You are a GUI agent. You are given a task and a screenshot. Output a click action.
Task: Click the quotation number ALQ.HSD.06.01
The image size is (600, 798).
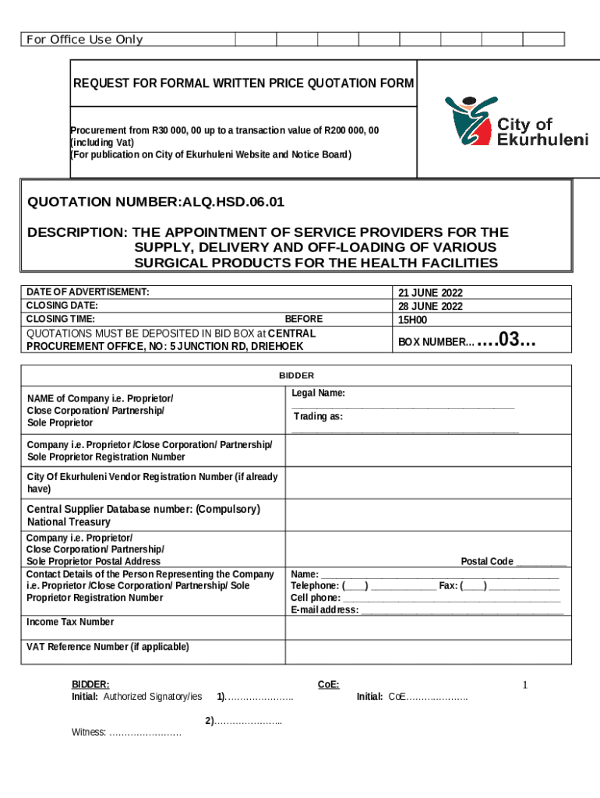156,203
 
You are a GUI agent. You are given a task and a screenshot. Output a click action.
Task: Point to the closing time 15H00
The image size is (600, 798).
412,320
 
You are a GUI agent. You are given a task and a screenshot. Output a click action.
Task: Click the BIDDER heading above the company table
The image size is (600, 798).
297,376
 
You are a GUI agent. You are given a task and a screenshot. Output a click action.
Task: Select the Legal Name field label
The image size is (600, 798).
319,394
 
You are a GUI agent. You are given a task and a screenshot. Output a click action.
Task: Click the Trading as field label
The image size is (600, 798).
318,417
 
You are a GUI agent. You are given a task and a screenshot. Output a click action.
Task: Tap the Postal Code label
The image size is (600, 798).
487,561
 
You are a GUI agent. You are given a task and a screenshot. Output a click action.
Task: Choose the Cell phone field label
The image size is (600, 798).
316,598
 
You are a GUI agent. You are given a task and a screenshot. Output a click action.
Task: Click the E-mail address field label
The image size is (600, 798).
325,609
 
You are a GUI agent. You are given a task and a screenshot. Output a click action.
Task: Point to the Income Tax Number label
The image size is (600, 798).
70,622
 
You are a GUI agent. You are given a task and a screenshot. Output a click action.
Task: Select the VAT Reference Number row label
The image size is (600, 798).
108,647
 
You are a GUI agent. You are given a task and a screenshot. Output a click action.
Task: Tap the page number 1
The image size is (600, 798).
525,685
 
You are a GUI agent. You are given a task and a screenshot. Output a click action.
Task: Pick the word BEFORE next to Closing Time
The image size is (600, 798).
303,320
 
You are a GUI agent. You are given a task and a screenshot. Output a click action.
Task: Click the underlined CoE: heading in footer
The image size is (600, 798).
328,684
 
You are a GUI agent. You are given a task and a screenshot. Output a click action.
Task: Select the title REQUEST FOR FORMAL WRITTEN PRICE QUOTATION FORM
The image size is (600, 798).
243,83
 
